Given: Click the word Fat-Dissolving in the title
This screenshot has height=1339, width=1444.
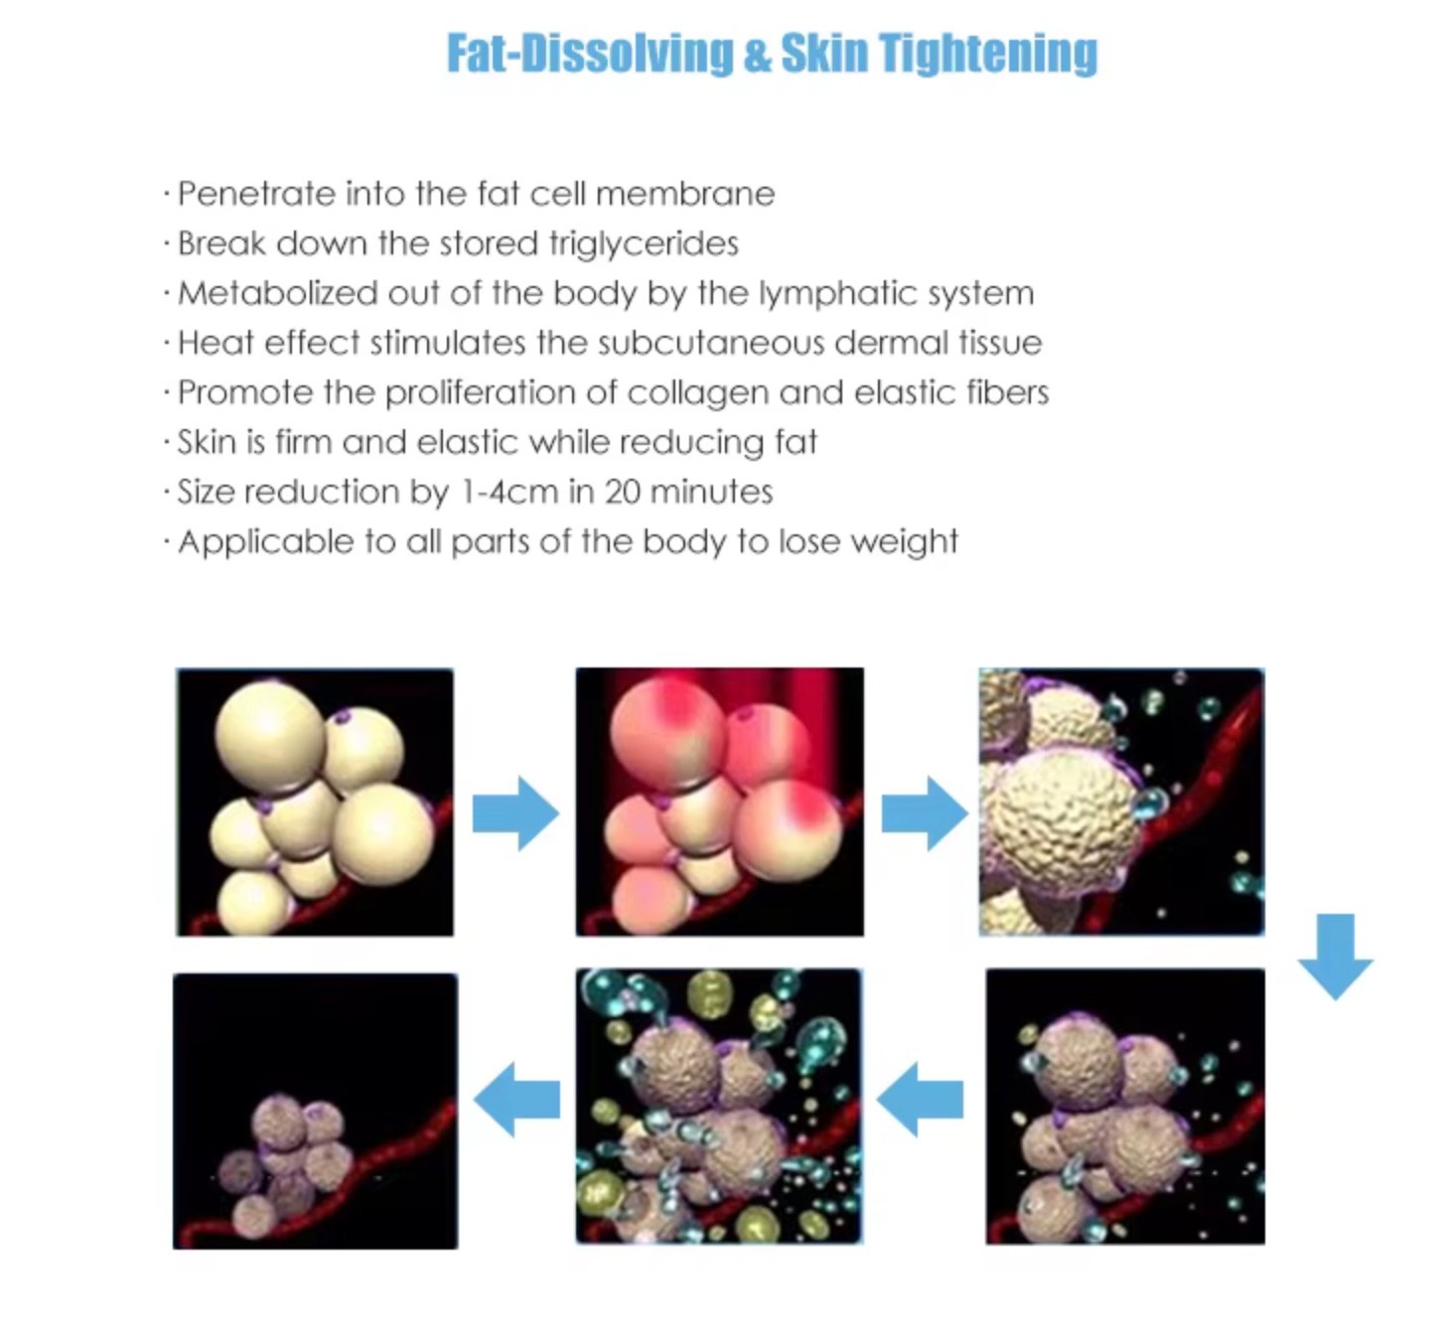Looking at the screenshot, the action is pos(590,53).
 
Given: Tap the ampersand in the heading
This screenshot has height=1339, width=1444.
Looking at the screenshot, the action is pos(757,54).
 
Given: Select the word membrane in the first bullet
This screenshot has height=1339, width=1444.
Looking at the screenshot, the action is pos(685,195).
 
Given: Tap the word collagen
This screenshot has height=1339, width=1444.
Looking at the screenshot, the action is pos(697,393).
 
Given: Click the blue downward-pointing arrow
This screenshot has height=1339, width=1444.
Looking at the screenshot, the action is pos(1335,957).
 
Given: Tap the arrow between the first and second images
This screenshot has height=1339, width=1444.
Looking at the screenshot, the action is pos(516,814).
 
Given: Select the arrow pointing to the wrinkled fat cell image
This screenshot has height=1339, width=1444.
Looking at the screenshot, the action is pos(925,814).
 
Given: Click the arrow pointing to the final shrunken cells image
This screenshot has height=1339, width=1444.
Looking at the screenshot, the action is pos(516,1099).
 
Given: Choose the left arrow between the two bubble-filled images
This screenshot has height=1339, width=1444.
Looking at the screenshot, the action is pos(920,1099).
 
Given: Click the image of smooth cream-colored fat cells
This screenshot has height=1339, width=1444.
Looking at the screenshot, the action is pos(315,802).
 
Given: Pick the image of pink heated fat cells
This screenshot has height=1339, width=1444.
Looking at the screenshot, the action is pos(720,802).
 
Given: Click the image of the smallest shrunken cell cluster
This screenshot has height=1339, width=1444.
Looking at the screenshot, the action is pos(315,1111).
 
